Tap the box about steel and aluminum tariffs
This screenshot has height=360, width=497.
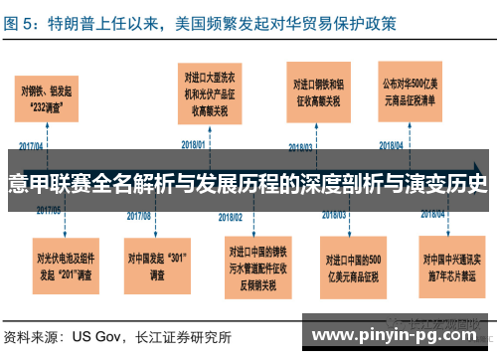319,92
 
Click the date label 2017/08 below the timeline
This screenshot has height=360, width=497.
139,215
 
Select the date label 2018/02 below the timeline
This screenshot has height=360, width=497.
232,216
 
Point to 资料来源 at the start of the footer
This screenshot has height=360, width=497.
32,336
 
